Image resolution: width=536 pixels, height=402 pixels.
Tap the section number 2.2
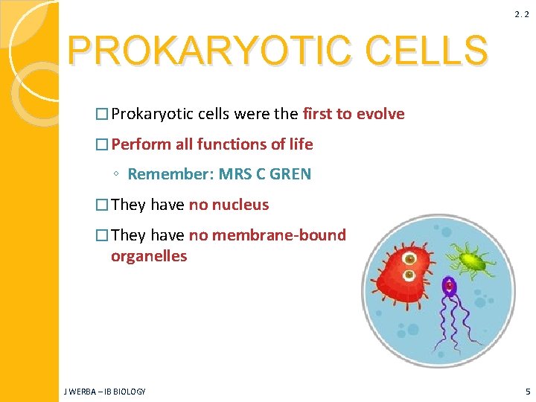click(520, 14)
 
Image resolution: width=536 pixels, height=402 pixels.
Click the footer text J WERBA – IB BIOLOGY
click(105, 391)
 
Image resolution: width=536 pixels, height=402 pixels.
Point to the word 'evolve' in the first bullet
click(380, 114)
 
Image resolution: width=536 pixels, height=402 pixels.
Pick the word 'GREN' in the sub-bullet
click(290, 175)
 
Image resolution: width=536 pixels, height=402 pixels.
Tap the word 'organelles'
click(149, 256)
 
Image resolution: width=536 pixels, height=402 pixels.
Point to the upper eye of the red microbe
click(409, 258)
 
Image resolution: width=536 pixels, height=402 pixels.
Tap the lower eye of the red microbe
click(409, 276)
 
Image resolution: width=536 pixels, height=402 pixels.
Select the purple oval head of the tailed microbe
click(449, 286)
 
